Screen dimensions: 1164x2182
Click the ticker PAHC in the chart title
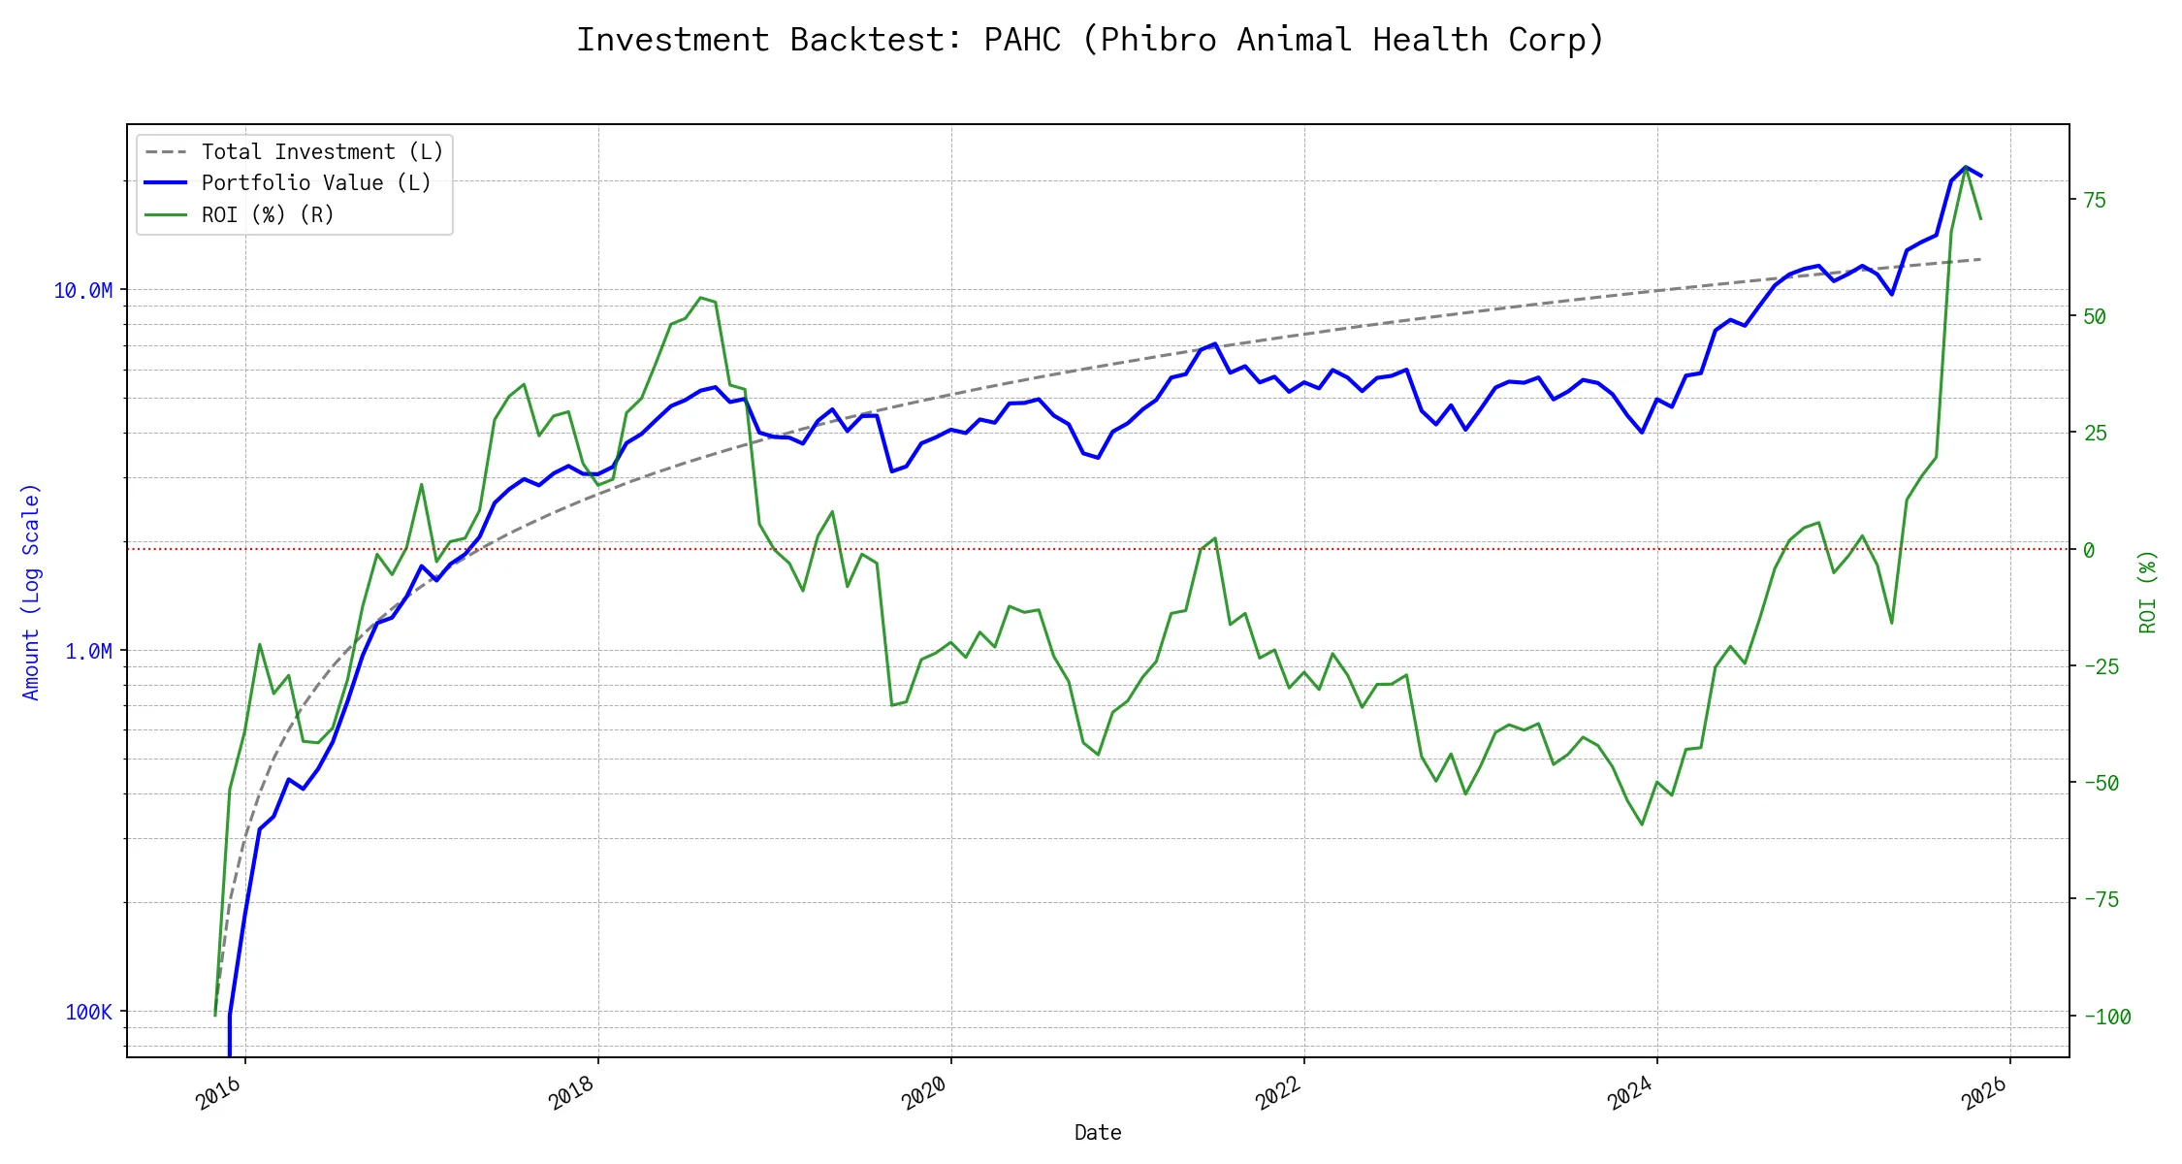(1021, 41)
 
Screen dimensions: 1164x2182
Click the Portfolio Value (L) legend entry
(316, 183)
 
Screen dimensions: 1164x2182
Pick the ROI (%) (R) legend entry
(268, 215)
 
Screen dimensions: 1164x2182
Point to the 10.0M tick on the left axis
(83, 291)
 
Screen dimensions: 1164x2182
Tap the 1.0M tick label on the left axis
(88, 652)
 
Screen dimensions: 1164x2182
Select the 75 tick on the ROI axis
(2095, 201)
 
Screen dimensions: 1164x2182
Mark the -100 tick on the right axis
(2107, 1018)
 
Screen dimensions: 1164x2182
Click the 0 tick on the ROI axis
(2089, 551)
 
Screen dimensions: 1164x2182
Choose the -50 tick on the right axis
(2102, 784)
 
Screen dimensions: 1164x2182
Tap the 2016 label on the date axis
(218, 1093)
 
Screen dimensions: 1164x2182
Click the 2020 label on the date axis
(924, 1093)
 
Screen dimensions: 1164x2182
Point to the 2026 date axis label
(1983, 1093)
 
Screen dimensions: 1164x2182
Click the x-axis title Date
(1098, 1133)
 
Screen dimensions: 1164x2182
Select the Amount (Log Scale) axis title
(31, 592)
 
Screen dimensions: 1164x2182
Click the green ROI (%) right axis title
(2148, 592)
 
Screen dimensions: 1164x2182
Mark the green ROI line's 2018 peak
(701, 298)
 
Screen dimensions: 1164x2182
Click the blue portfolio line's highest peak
(1966, 167)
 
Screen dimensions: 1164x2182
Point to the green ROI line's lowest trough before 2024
(1642, 824)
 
